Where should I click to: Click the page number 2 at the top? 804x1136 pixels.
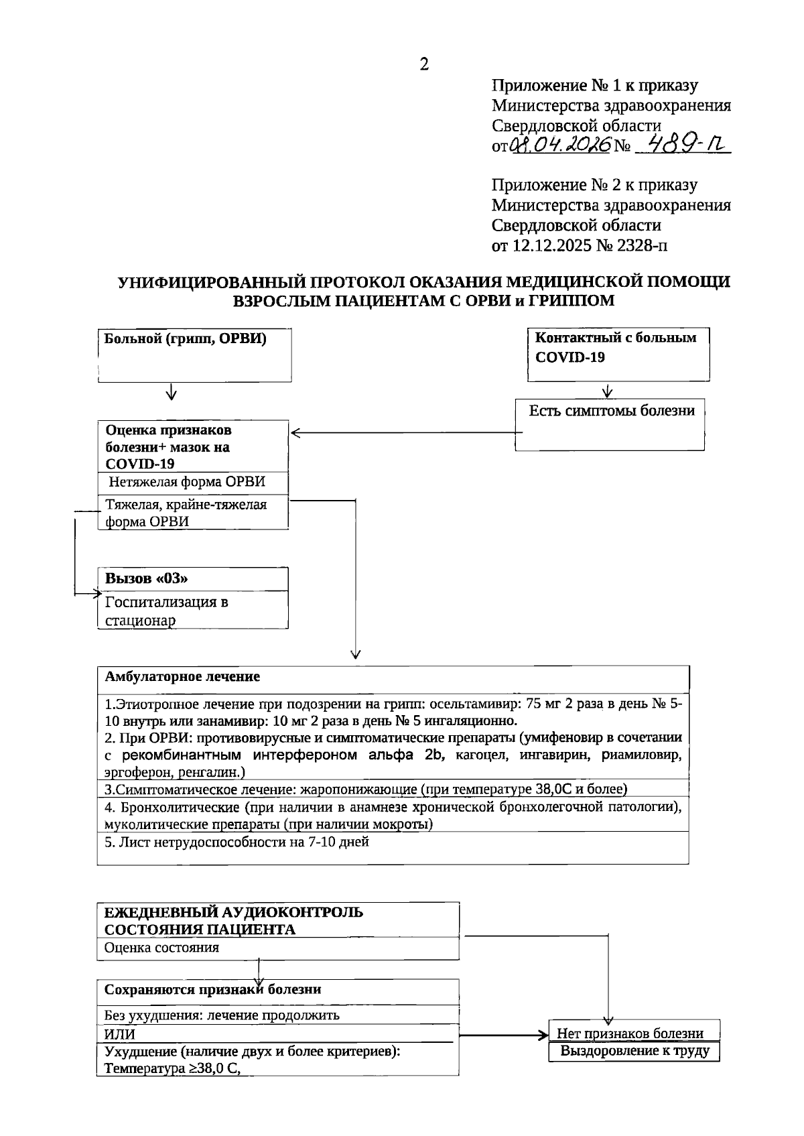pyautogui.click(x=423, y=64)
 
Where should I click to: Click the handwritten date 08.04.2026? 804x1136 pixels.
pyautogui.click(x=560, y=144)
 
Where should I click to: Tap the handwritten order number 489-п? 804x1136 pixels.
pyautogui.click(x=681, y=143)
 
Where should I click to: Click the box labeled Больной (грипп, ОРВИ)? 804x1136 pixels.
pyautogui.click(x=194, y=355)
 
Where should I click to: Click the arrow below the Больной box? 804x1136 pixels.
pyautogui.click(x=172, y=391)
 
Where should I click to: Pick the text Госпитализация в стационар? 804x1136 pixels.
pyautogui.click(x=167, y=611)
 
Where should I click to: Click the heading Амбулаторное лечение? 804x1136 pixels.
pyautogui.click(x=182, y=676)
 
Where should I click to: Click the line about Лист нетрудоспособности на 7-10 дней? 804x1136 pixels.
pyautogui.click(x=237, y=842)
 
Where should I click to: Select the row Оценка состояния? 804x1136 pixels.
pyautogui.click(x=163, y=948)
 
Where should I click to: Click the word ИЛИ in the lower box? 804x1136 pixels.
pyautogui.click(x=120, y=1033)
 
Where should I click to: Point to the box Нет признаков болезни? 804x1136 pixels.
pyautogui.click(x=629, y=1033)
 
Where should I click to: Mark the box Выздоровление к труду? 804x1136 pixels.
pyautogui.click(x=634, y=1051)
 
